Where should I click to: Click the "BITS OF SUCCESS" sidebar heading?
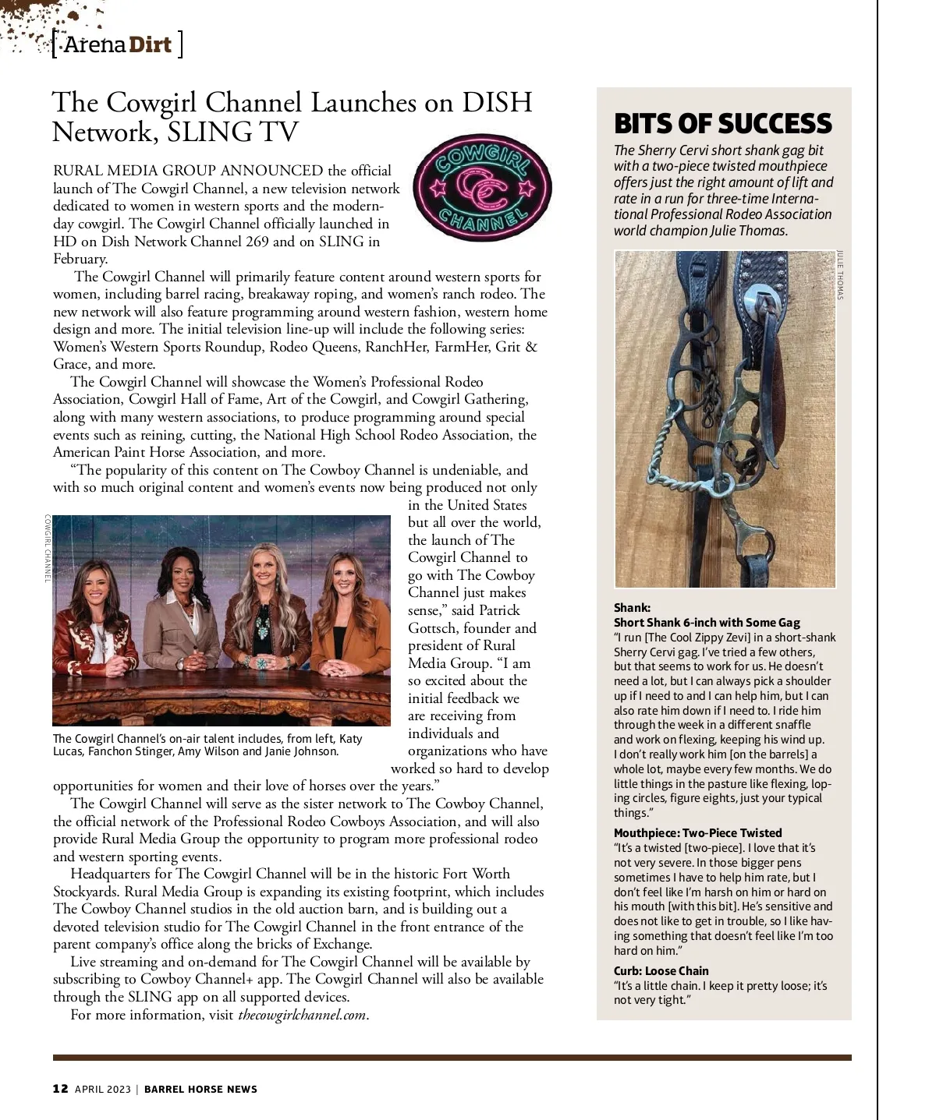point(722,124)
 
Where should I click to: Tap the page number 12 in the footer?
point(60,1089)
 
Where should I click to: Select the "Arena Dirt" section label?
point(117,44)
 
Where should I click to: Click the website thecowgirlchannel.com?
point(302,1015)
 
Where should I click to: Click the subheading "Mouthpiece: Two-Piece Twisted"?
point(697,832)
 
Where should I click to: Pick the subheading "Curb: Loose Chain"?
point(661,970)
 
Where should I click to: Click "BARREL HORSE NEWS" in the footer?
point(200,1089)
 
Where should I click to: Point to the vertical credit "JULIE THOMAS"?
point(840,274)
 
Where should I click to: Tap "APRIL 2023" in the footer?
point(104,1089)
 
